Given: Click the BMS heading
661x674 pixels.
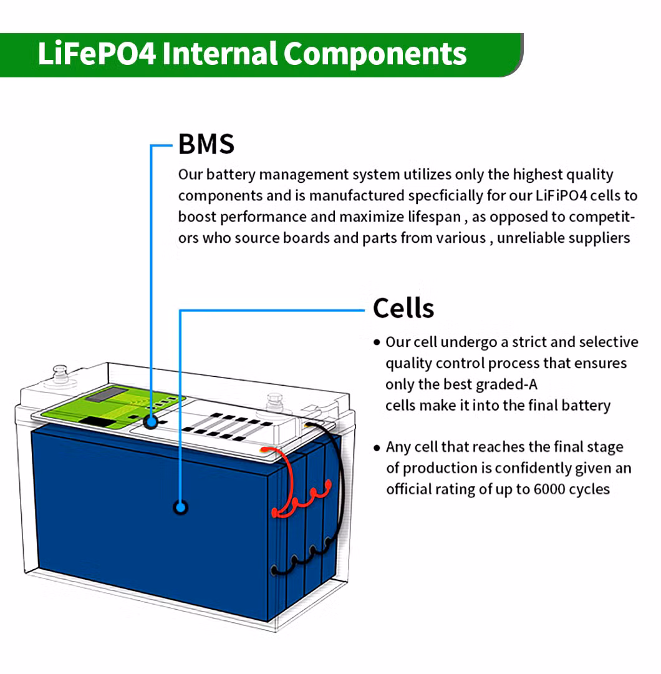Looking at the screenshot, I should (206, 144).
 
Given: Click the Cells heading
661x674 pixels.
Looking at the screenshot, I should (403, 308).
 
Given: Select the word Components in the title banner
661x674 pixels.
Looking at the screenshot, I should (375, 54).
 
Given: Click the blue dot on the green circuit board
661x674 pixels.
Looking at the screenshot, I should (150, 421).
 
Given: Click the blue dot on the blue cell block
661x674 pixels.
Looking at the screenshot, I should (181, 507).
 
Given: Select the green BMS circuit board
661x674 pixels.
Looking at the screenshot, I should (94, 409).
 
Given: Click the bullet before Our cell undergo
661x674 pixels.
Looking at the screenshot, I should (377, 343).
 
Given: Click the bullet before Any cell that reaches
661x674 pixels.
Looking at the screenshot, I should (377, 447).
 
